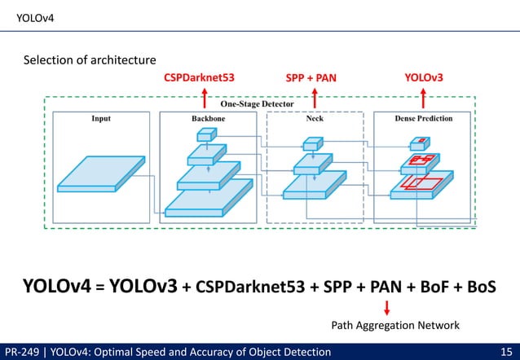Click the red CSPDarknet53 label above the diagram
pyautogui.click(x=200, y=78)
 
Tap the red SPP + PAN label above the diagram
pyautogui.click(x=310, y=78)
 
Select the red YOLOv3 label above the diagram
pyautogui.click(x=424, y=77)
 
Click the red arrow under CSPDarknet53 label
pyautogui.click(x=204, y=94)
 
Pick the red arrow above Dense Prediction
pyautogui.click(x=423, y=94)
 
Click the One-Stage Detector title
pyautogui.click(x=257, y=104)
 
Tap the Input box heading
pyautogui.click(x=100, y=119)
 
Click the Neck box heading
pyautogui.click(x=314, y=119)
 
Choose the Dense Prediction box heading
pyautogui.click(x=424, y=119)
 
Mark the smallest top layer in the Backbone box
pyautogui.click(x=203, y=136)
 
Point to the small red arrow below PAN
pyautogui.click(x=386, y=308)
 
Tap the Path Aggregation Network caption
pyautogui.click(x=395, y=325)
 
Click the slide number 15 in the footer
pyautogui.click(x=505, y=352)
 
